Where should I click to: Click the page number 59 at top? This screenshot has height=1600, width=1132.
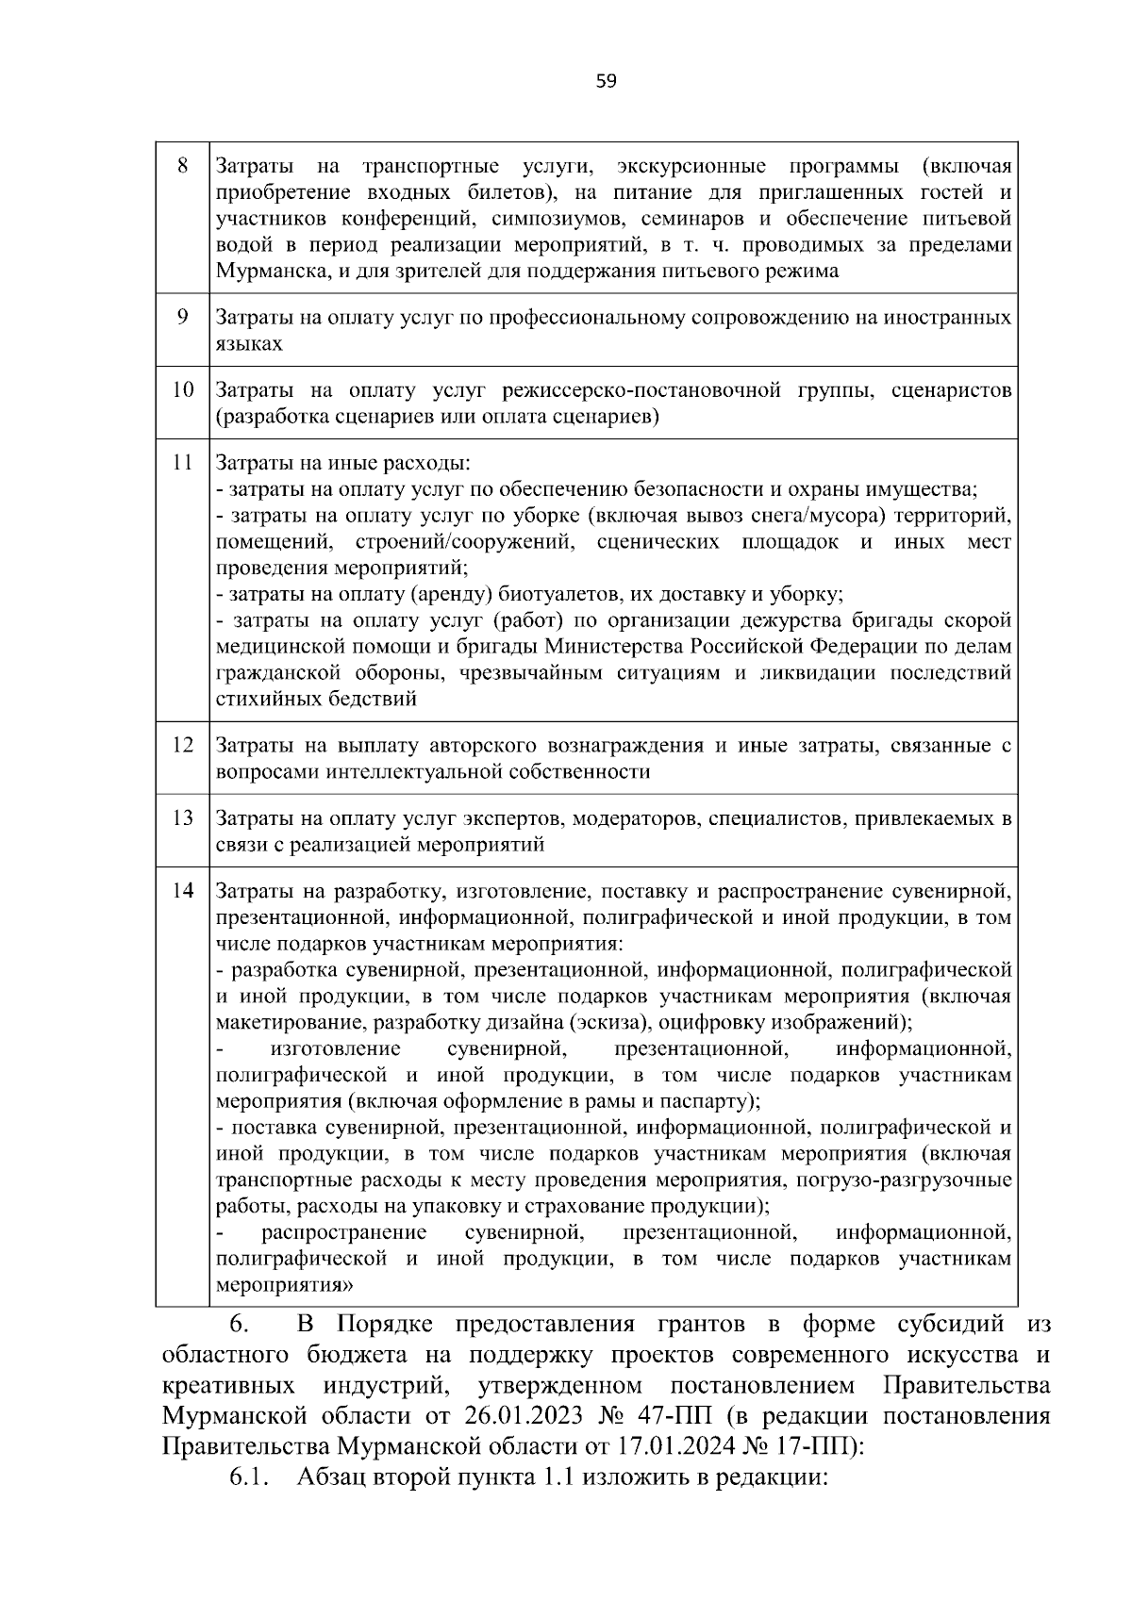click(607, 81)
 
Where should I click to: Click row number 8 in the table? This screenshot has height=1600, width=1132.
click(183, 167)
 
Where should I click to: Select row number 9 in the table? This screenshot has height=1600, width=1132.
click(183, 317)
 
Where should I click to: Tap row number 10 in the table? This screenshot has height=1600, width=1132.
click(183, 389)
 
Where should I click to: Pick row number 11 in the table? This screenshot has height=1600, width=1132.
click(183, 463)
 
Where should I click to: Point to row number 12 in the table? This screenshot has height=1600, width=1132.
click(183, 745)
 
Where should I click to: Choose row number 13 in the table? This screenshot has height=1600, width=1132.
click(183, 817)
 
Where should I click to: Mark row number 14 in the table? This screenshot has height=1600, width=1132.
click(183, 890)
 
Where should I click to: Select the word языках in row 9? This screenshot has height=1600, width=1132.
click(249, 344)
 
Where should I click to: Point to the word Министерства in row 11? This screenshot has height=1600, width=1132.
click(616, 647)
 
